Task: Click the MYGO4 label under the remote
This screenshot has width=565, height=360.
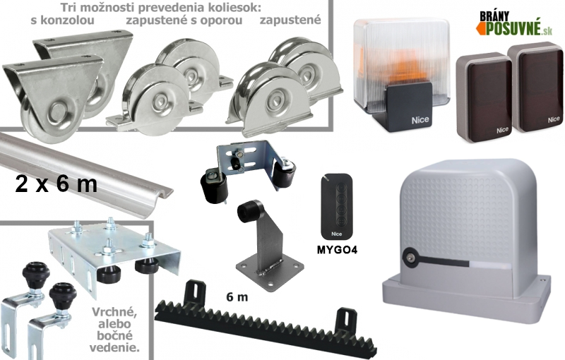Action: (x=337, y=250)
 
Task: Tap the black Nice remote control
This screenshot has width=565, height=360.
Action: (x=337, y=206)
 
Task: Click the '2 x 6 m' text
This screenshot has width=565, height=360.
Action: (x=56, y=184)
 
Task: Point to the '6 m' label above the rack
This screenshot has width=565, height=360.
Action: (x=237, y=297)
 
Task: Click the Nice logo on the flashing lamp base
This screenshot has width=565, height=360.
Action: (x=420, y=120)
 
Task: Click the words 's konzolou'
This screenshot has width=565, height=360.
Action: (x=62, y=20)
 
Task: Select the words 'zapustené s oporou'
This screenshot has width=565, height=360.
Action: (x=184, y=20)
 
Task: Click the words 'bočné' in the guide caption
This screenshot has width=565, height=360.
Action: (x=114, y=336)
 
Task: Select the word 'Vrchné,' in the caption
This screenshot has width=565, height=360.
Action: (x=114, y=312)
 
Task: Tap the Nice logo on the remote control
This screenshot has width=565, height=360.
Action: (x=337, y=234)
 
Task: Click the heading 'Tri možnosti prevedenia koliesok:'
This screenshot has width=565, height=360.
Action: (x=160, y=8)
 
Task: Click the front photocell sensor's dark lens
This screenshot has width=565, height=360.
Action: (x=485, y=98)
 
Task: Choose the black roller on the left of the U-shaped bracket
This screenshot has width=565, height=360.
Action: (x=213, y=186)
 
